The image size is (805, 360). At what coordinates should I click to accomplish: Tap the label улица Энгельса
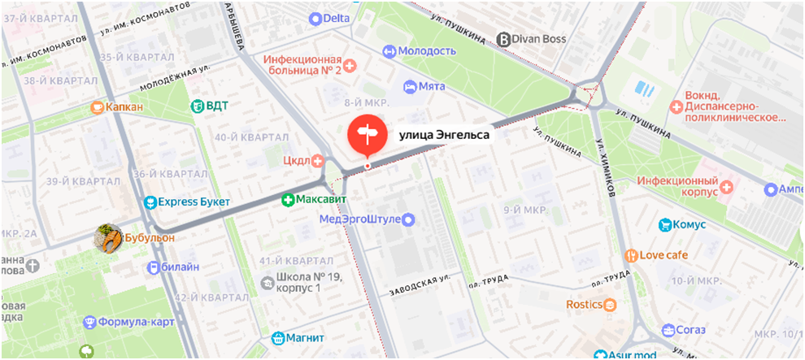pos(443,135)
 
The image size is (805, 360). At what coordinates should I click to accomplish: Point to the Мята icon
pos(410,85)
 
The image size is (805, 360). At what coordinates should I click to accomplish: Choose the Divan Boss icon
pos(503,38)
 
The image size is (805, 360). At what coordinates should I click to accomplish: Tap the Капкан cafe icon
pos(98,106)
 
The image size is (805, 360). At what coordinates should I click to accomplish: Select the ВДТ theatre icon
pos(197,106)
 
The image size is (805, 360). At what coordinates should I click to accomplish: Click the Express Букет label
pos(194,202)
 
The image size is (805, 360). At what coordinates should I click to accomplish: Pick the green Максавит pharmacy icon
pos(287,199)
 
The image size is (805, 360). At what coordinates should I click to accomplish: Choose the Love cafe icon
pos(630,255)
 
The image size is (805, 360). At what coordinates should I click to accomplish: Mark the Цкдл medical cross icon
pos(318,160)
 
